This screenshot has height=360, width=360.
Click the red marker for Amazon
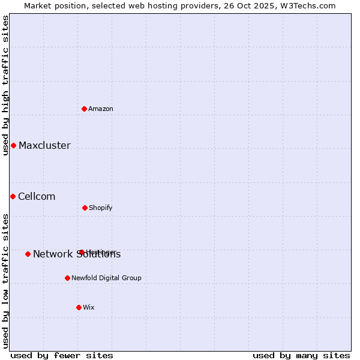pos(85,109)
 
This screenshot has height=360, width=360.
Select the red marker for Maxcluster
pos(13,145)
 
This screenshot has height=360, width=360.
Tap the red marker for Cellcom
pos(13,196)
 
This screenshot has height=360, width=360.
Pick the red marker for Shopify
pos(85,208)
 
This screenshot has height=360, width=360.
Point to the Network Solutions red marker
pos(28,254)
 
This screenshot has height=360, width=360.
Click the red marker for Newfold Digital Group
pos(67,278)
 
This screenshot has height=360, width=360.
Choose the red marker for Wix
pos(79,307)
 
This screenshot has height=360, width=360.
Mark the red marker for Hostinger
pos(81,252)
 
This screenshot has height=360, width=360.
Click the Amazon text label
pos(101,109)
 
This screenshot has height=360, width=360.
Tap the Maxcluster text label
pos(44,145)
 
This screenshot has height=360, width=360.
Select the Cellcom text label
pos(37,196)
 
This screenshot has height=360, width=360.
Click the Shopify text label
pos(101,208)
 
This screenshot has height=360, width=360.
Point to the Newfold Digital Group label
pos(106,278)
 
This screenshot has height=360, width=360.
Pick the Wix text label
pos(89,307)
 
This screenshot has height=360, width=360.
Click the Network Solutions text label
pos(77,254)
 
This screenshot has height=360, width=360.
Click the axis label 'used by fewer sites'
pos(61,355)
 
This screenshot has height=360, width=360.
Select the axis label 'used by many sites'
pos(301,355)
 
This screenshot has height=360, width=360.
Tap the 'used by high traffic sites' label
pos(5,85)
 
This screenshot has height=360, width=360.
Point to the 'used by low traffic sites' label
pos(5,280)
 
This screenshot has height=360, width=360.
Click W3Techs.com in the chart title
pos(310,5)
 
